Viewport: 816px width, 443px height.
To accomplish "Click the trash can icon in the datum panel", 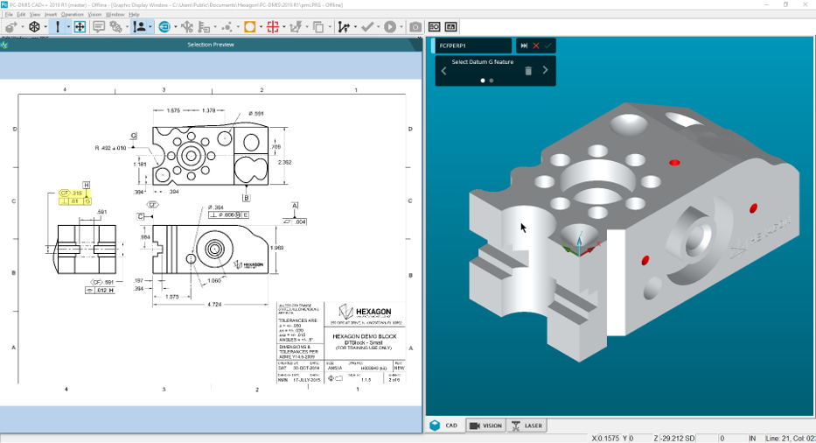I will pos(528,71).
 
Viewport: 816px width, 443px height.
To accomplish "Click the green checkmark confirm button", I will pos(547,46).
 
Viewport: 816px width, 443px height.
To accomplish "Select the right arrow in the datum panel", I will pos(546,71).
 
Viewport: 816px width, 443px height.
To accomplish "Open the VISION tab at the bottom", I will pos(485,425).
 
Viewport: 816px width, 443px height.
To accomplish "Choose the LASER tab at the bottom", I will pos(527,425).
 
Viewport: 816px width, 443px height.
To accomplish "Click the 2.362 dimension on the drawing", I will pos(285,162).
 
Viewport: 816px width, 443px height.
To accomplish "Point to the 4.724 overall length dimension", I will pos(214,305).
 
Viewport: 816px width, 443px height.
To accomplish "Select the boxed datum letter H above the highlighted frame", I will pos(87,185).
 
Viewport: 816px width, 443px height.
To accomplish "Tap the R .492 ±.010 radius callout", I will pos(114,148).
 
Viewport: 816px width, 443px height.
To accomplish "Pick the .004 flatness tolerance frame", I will pos(295,221).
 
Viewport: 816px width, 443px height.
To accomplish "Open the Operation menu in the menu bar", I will pos(73,15).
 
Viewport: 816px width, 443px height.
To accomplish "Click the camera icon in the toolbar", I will pos(415,27).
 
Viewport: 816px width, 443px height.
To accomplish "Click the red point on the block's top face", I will pos(673,162).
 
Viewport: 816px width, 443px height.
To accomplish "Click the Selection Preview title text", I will pos(211,45).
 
